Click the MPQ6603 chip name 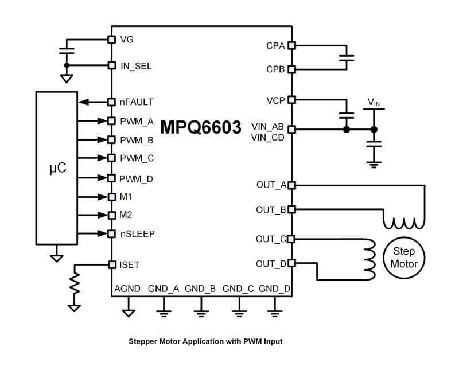tap(200, 127)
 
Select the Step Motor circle tap(408, 257)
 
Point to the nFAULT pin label tap(137, 102)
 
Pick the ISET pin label tap(130, 265)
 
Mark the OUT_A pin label tap(271, 185)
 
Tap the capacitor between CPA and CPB tap(347, 57)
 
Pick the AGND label tap(127, 289)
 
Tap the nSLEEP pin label tap(138, 234)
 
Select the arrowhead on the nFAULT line tap(84, 102)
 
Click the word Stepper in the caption tap(145, 341)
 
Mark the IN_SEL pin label tap(136, 66)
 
